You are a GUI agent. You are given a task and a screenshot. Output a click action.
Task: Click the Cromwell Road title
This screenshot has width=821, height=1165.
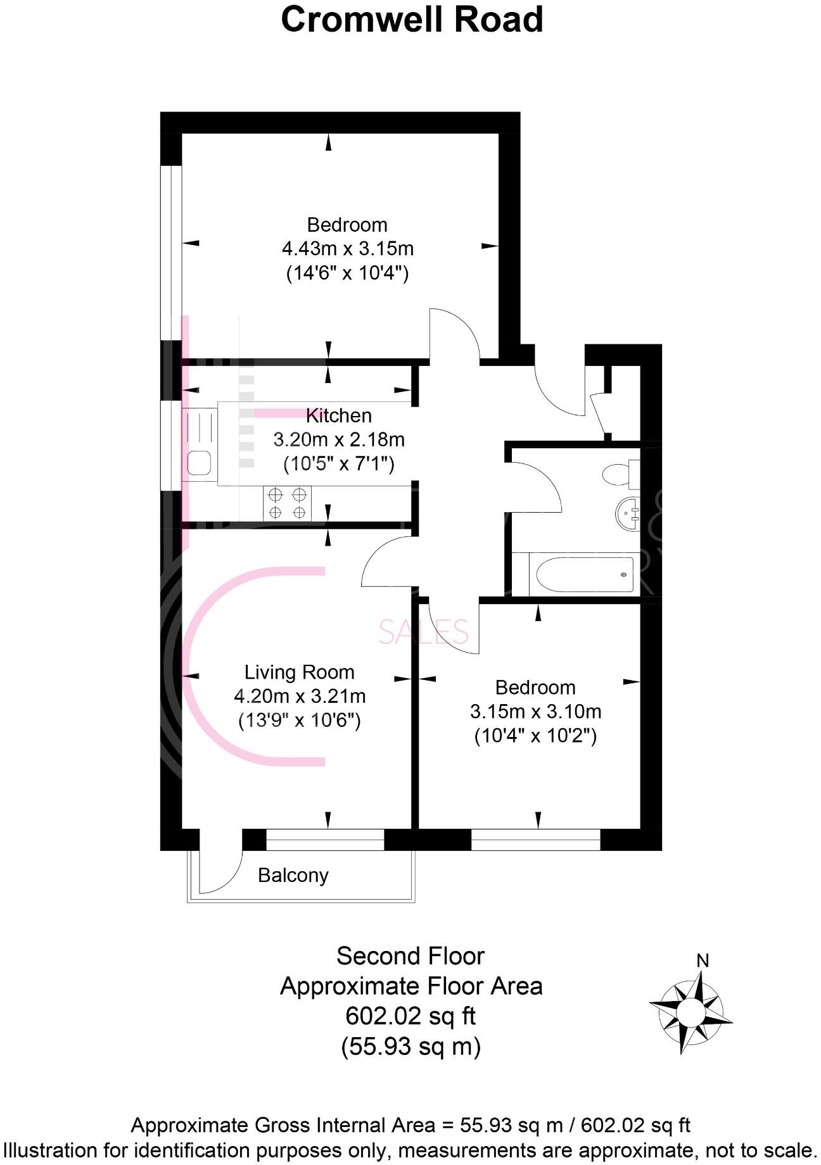412,20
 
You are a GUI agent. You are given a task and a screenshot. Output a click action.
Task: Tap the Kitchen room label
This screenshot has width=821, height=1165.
338,415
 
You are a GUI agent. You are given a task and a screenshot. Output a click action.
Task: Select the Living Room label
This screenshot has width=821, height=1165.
299,672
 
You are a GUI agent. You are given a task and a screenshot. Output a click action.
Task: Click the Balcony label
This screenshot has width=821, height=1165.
293,875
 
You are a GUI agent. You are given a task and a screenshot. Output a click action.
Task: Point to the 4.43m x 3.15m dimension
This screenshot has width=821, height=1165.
347,248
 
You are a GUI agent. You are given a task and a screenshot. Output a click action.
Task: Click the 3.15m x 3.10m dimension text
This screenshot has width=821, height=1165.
535,712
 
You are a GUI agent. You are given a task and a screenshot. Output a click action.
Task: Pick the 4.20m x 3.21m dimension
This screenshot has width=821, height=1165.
300,696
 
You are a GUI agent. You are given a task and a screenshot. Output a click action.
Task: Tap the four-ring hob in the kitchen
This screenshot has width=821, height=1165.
288,503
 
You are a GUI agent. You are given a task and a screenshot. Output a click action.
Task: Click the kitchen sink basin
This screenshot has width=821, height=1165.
199,463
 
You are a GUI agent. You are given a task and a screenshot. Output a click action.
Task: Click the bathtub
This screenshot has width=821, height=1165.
583,574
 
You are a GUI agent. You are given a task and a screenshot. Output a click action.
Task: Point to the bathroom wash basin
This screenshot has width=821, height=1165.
628,513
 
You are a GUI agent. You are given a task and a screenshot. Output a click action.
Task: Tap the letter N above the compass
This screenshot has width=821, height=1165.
702,960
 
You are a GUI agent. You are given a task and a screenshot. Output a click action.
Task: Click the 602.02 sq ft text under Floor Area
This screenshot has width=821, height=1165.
410,1016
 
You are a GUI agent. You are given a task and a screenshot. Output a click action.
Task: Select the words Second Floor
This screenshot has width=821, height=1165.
410,956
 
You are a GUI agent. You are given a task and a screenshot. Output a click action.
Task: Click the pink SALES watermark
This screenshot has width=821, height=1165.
423,632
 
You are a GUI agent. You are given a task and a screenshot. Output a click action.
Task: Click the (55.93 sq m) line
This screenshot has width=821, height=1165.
410,1047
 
